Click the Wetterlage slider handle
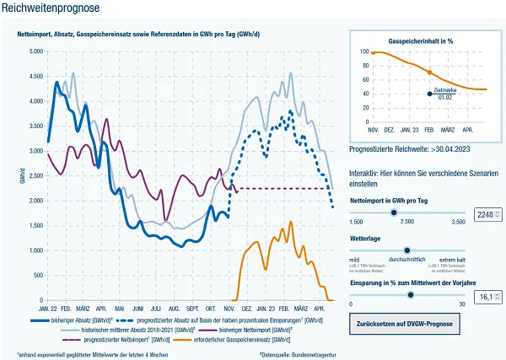coord(407,251)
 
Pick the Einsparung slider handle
coord(411,295)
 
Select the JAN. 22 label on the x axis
coord(47,309)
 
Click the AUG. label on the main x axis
coord(174,309)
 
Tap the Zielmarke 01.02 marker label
coord(444,94)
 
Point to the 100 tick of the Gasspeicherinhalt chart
coord(365,51)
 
